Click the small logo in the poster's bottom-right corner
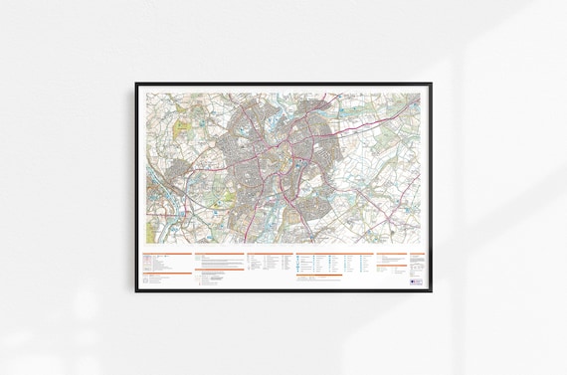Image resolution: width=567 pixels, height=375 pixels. (x=416, y=281)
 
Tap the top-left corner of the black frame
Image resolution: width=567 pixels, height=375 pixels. (x=136, y=84)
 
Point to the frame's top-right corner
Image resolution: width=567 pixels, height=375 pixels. (x=432, y=84)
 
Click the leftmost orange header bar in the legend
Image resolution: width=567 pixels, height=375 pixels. (x=165, y=254)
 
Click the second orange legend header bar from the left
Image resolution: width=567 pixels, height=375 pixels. (x=218, y=254)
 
